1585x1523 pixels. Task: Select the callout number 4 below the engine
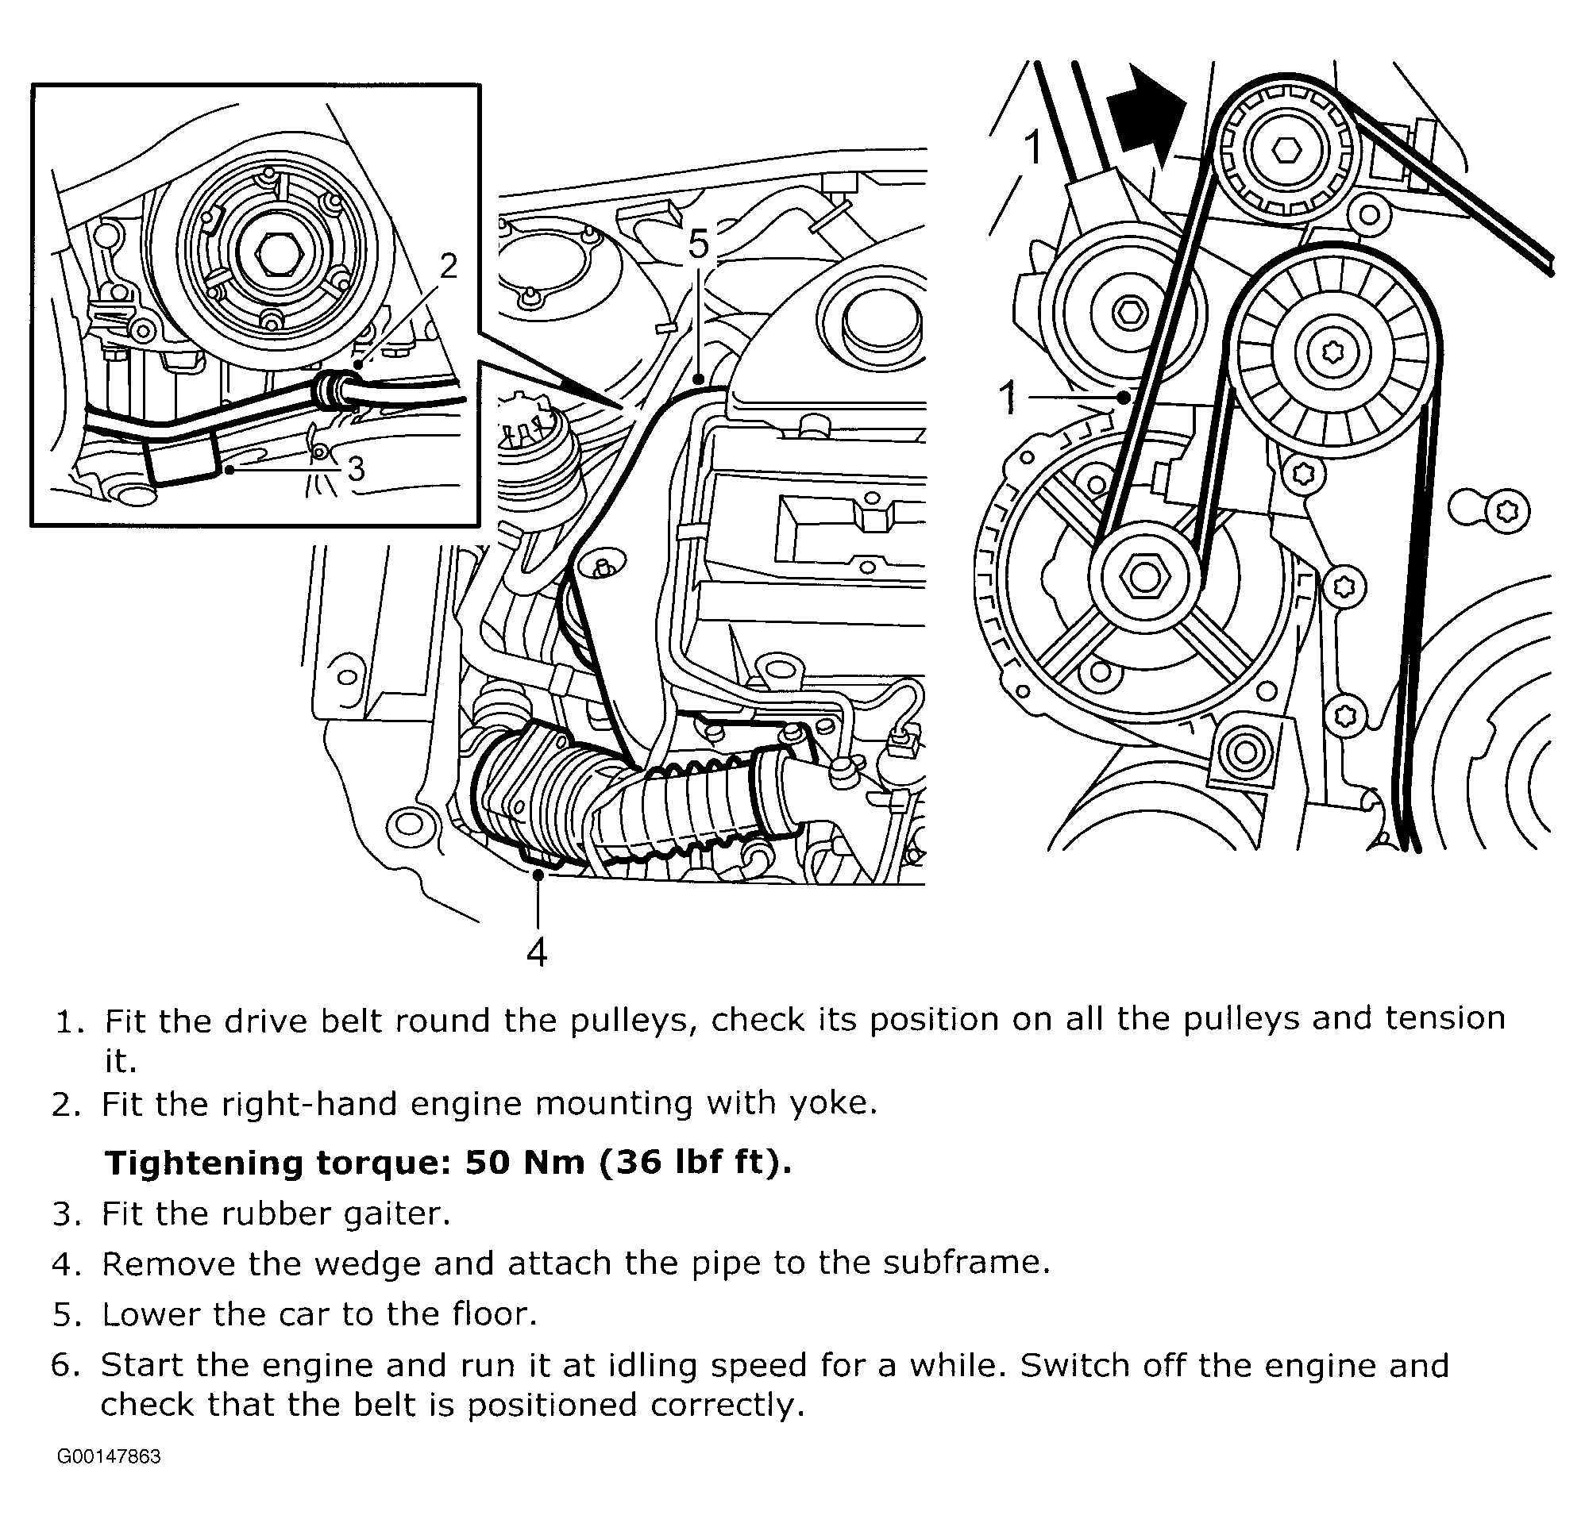(537, 952)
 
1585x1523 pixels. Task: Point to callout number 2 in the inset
(448, 266)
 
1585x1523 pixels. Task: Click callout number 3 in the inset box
(356, 468)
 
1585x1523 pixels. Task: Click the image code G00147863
(109, 1456)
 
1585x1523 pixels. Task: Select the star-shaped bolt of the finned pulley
(1332, 352)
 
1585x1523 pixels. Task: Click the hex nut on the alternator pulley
(1145, 576)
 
